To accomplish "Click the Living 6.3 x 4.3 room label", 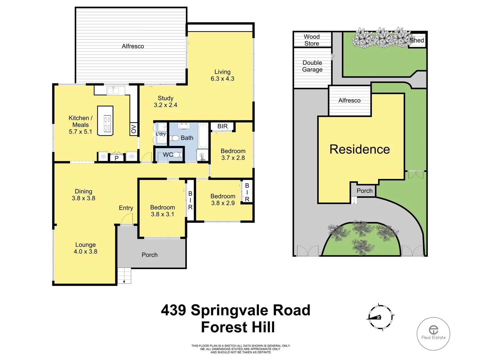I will point(222,75).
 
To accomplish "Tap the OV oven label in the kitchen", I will point(134,129).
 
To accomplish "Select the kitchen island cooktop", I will point(107,124).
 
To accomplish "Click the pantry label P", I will point(117,158).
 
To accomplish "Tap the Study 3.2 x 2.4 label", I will point(165,102).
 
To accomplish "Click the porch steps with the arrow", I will point(124,276).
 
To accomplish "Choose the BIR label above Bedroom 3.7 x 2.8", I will point(222,126).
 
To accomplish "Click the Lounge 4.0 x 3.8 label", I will point(85,248).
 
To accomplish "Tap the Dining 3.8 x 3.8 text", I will point(83,195).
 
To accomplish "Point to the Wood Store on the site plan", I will point(312,40).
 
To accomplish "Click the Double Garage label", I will point(312,66).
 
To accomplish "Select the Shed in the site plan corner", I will point(417,40).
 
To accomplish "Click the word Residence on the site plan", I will point(360,149).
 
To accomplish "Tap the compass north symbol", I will point(380,317).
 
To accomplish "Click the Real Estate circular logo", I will point(433,333).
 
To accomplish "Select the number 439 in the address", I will point(173,310).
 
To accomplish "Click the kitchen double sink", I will point(113,90).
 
